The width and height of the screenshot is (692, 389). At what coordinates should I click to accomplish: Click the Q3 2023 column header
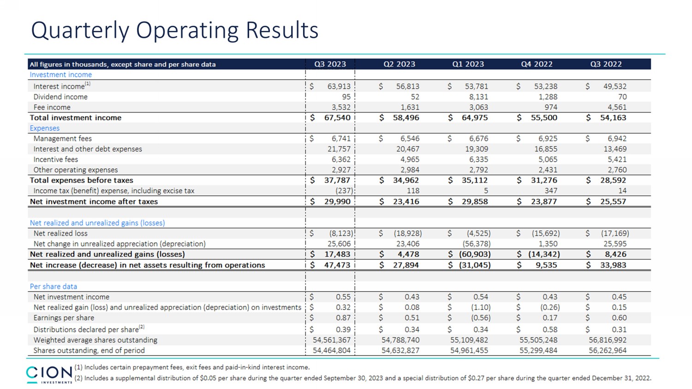pos(330,64)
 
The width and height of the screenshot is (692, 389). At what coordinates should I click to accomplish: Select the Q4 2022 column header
pos(537,64)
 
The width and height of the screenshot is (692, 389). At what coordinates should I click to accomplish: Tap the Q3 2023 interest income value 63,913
pos(339,86)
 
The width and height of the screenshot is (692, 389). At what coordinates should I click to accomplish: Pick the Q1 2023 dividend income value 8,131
pos(478,97)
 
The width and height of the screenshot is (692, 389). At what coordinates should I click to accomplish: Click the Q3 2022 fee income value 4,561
pos(617,107)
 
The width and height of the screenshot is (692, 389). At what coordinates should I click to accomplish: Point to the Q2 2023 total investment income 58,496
pos(406,118)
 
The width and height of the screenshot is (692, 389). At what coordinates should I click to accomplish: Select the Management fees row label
pos(62,138)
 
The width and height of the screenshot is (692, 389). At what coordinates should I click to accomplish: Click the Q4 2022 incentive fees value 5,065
pos(548,159)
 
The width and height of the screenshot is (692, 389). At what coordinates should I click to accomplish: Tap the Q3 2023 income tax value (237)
pos(344,191)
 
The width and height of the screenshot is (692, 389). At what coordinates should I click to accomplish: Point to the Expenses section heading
pos(44,128)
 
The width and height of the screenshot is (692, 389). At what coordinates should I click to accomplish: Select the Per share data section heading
pos(53,286)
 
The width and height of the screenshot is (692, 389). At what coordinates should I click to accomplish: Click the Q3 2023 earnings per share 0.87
pos(343,318)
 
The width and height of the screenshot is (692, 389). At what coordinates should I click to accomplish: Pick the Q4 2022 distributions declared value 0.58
pos(549,330)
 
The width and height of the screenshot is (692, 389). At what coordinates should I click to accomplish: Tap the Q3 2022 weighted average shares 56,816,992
pos(608,340)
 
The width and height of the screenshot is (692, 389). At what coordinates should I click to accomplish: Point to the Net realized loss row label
pos(60,233)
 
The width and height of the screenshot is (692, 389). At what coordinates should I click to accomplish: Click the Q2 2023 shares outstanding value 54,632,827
pos(400,350)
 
